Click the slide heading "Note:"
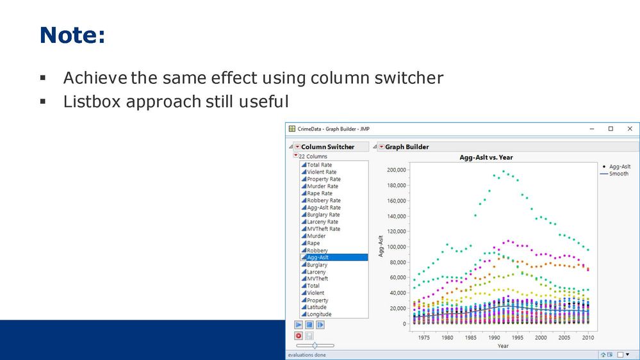click(x=72, y=35)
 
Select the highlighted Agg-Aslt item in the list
click(x=334, y=257)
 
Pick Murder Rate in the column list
click(x=322, y=186)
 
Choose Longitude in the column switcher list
click(x=319, y=315)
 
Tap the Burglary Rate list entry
click(x=324, y=215)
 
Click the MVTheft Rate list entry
click(x=324, y=229)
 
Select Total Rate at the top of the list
click(x=319, y=165)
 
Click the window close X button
click(x=630, y=129)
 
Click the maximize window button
click(x=611, y=129)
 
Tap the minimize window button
click(x=592, y=129)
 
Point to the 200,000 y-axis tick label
click(x=397, y=170)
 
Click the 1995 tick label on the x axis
click(x=517, y=338)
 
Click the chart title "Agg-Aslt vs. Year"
click(x=486, y=157)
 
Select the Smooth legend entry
click(x=614, y=174)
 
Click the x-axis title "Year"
click(x=503, y=346)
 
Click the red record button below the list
click(x=299, y=336)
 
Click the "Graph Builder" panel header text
click(x=407, y=147)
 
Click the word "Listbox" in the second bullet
click(x=92, y=102)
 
